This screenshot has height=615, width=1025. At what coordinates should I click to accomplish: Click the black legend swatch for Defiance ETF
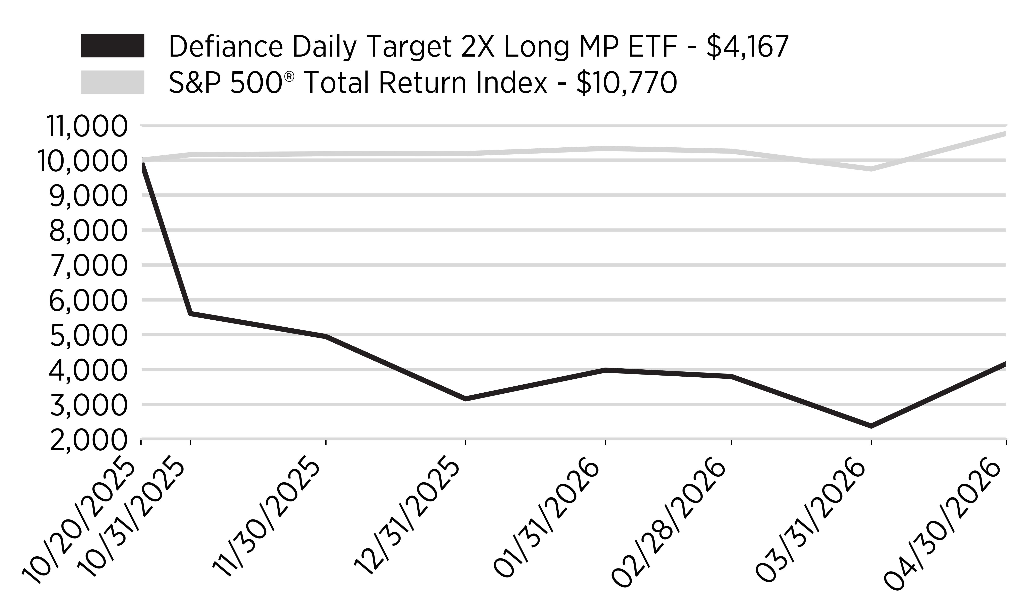[113, 46]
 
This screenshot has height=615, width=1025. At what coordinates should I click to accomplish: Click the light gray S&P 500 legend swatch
[113, 82]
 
